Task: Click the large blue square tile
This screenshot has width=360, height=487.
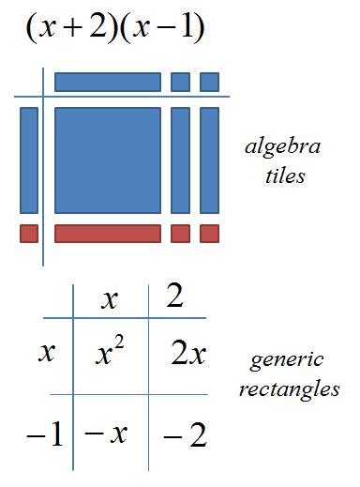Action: pyautogui.click(x=108, y=160)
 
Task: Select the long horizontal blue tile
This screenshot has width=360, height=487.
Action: pyautogui.click(x=108, y=82)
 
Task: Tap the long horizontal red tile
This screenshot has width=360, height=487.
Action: pyautogui.click(x=108, y=234)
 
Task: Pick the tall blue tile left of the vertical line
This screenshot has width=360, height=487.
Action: pyautogui.click(x=29, y=160)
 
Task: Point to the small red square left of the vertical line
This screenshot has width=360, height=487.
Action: pyautogui.click(x=29, y=234)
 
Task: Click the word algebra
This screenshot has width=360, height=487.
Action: pyautogui.click(x=282, y=148)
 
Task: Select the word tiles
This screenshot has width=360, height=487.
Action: pyautogui.click(x=284, y=175)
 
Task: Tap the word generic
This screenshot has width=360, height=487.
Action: pyautogui.click(x=287, y=359)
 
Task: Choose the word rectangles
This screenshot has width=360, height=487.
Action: pyautogui.click(x=294, y=388)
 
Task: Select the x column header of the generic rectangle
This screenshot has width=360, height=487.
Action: pyautogui.click(x=110, y=299)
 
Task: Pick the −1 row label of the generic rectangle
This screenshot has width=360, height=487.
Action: pyautogui.click(x=45, y=434)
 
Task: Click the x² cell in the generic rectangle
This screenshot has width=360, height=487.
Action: pyautogui.click(x=112, y=354)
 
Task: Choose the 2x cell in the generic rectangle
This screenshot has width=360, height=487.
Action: pyautogui.click(x=188, y=354)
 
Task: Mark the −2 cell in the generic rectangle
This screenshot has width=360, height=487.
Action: pyautogui.click(x=184, y=434)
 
